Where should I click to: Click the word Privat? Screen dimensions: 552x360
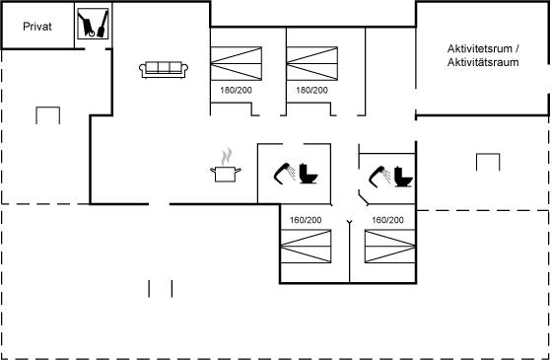coord(37,27)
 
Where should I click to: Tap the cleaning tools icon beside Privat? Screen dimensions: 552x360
coord(93,24)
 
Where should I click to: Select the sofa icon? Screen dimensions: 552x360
coord(164,69)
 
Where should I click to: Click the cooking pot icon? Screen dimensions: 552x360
coord(226,174)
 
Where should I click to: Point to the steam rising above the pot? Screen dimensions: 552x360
coord(227,157)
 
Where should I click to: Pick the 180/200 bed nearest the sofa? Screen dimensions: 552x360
coord(237,63)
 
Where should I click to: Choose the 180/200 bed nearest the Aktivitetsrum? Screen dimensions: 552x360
coord(312,63)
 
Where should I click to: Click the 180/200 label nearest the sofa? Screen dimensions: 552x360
coord(236,90)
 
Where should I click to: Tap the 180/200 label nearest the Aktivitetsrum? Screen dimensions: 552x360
coord(311,90)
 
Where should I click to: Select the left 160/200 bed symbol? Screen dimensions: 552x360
coord(306,246)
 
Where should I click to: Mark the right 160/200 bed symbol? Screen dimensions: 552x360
coord(390,246)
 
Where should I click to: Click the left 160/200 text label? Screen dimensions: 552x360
coord(306,220)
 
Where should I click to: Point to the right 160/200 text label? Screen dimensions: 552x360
coord(387,220)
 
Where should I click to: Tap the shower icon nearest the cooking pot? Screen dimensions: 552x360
coord(285,174)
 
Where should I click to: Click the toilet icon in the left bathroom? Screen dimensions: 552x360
coord(309,174)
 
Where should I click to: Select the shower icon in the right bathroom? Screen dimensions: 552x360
coord(379,177)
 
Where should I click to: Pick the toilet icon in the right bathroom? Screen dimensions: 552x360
coord(403,177)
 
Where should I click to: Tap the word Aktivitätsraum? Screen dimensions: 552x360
coord(483,62)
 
